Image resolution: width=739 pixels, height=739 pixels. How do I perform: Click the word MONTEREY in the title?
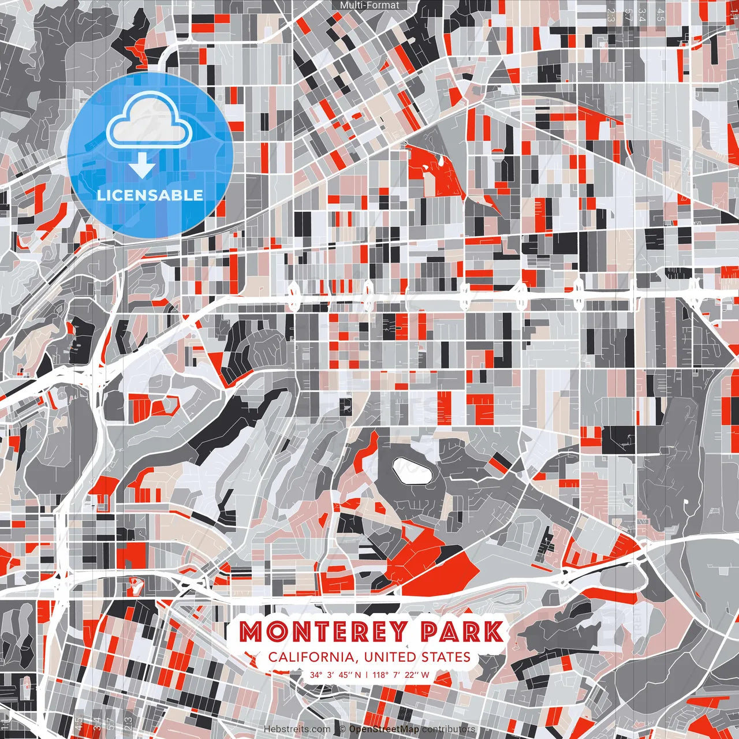[x=323, y=632]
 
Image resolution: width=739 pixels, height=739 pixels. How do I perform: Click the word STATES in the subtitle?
[x=446, y=657]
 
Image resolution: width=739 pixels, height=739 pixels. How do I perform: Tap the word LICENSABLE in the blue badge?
[x=150, y=195]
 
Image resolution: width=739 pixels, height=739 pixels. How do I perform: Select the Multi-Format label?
[x=369, y=5]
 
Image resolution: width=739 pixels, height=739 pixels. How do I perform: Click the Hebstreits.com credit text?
[x=297, y=729]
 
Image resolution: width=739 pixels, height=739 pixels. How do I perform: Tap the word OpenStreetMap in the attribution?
[x=384, y=729]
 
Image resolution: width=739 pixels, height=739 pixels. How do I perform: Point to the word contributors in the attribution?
[x=449, y=729]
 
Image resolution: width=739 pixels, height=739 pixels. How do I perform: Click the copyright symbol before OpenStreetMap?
[x=342, y=729]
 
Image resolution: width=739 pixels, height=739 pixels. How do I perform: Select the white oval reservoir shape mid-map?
[x=412, y=471]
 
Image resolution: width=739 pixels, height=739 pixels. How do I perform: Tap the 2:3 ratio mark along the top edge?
[x=611, y=15]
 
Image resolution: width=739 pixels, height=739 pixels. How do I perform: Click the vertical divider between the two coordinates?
[x=367, y=675]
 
